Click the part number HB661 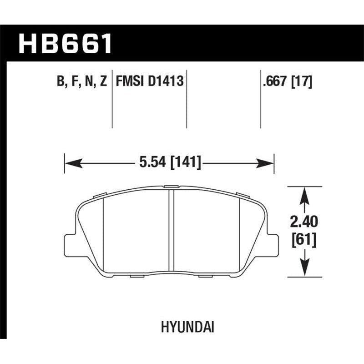[x=65, y=44]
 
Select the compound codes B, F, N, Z [x=82, y=82]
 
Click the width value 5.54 [x=149, y=162]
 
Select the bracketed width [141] [x=185, y=162]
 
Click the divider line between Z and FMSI [x=112, y=100]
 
